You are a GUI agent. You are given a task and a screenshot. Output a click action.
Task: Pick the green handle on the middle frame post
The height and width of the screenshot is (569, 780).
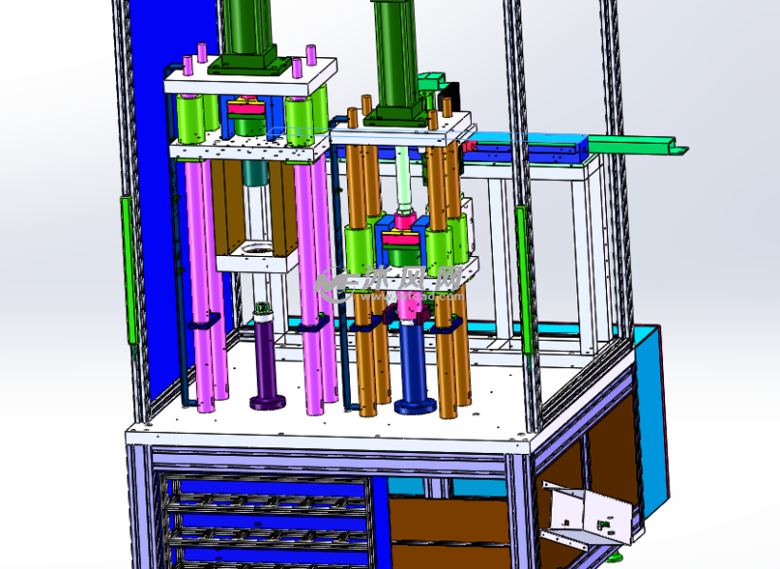coord(522,276)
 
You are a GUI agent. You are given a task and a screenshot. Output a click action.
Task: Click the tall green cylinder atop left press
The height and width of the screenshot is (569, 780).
coord(248,29)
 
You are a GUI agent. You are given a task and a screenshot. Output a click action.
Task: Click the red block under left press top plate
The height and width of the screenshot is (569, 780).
coord(249,108)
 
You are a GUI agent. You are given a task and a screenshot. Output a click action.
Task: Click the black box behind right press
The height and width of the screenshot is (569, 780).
coord(448,95)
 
